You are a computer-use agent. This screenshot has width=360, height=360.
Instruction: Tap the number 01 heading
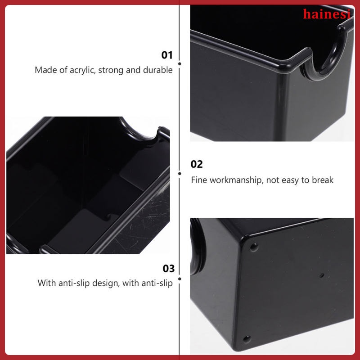pos(167,55)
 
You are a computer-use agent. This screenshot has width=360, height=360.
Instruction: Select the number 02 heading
pos(197,164)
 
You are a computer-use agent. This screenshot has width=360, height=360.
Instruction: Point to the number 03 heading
pos(168,269)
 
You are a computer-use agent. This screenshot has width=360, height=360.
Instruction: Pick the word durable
pos(158,70)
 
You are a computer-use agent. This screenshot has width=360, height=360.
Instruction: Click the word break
pos(323,180)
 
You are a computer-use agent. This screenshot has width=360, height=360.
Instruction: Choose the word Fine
pos(198,180)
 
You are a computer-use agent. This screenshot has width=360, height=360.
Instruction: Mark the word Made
pos(45,70)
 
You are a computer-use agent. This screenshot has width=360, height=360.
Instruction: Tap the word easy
pos(290,180)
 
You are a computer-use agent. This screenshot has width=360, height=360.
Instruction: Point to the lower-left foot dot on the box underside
pos(246,338)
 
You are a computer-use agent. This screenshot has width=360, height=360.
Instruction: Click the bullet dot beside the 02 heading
pos(180,173)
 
